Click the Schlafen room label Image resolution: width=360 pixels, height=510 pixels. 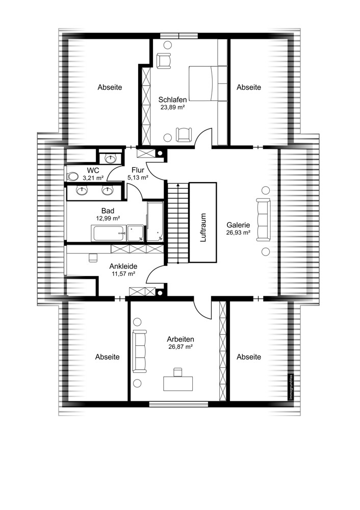[172, 99]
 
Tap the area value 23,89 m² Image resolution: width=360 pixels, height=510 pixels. [172, 108]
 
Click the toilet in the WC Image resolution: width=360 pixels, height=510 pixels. [71, 176]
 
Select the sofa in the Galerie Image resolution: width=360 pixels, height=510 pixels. [264, 220]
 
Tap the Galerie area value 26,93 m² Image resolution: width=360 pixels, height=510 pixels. [238, 232]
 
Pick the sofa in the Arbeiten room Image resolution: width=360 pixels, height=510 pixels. [139, 351]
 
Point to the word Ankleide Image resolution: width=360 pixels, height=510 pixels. [123, 266]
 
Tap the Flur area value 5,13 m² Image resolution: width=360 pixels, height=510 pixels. [138, 178]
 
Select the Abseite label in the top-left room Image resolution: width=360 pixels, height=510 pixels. [110, 87]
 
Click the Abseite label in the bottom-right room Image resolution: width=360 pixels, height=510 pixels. [248, 357]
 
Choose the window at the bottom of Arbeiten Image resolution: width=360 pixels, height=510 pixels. [178, 404]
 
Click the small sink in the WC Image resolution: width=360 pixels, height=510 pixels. [107, 157]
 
